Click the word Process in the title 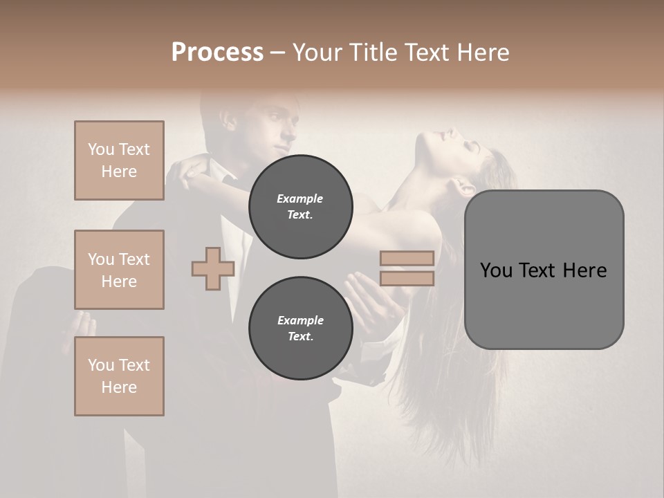[x=217, y=53]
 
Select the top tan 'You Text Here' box [x=119, y=160]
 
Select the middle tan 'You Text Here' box [x=119, y=270]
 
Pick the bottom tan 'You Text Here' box [x=119, y=376]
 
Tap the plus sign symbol [x=212, y=269]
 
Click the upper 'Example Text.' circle [x=300, y=207]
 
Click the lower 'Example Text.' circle [x=300, y=329]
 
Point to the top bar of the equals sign [x=407, y=258]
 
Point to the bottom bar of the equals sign [x=407, y=278]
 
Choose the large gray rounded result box [x=544, y=270]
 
